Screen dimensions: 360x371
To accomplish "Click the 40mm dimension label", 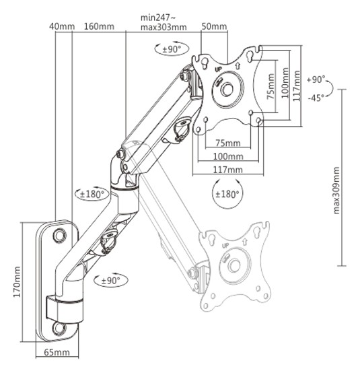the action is (62, 26).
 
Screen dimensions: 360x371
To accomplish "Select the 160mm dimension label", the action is (99, 26).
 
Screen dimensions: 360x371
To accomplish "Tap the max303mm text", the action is (164, 27).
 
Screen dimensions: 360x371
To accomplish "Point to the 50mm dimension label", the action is (214, 26).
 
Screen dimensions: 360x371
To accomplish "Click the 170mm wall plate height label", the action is (17, 282).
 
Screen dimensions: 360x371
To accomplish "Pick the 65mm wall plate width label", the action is (57, 352).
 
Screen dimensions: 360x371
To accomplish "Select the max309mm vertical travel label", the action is (336, 191).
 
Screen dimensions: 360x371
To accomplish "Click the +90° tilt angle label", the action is (316, 79).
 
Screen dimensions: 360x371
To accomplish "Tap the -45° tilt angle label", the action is (316, 98).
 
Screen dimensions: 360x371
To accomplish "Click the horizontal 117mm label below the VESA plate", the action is (228, 170).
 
